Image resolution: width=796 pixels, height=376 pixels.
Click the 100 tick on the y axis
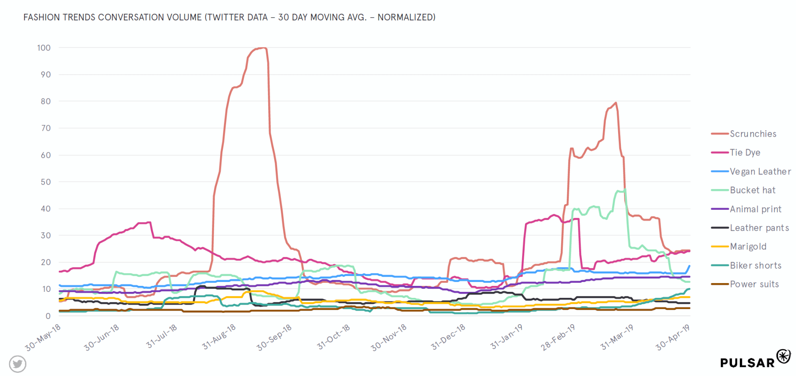coord(44,48)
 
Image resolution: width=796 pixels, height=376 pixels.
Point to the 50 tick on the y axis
coord(46,182)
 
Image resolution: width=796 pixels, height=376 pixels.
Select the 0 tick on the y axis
coord(48,316)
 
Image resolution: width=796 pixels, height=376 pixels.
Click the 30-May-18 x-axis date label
coord(43,338)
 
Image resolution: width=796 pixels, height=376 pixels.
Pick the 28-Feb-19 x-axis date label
coord(558,337)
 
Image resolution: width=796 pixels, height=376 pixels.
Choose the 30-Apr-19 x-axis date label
coord(672,338)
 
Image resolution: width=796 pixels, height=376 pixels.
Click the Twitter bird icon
coord(18,364)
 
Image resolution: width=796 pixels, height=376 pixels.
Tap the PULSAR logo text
coord(747,363)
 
